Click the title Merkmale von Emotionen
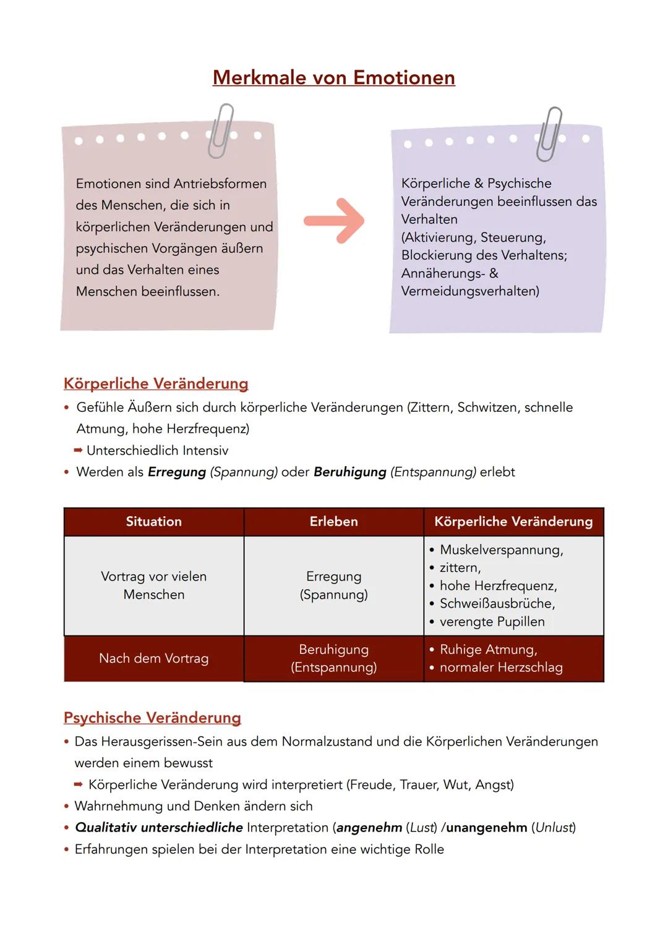(x=333, y=77)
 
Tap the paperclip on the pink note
(x=220, y=131)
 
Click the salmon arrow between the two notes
(x=334, y=221)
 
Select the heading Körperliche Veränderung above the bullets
(x=156, y=384)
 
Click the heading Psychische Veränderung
(x=152, y=718)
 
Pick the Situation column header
(x=154, y=521)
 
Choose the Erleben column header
(x=333, y=521)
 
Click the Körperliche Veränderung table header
(x=513, y=521)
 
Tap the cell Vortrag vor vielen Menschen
(x=154, y=585)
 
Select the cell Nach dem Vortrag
(x=154, y=658)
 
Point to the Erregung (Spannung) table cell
(x=333, y=585)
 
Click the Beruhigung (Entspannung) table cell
(x=333, y=658)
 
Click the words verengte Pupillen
(x=492, y=622)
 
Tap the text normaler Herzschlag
(x=501, y=668)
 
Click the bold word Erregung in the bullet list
(x=177, y=472)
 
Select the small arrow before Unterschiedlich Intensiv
(x=78, y=450)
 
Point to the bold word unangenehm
(x=487, y=828)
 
